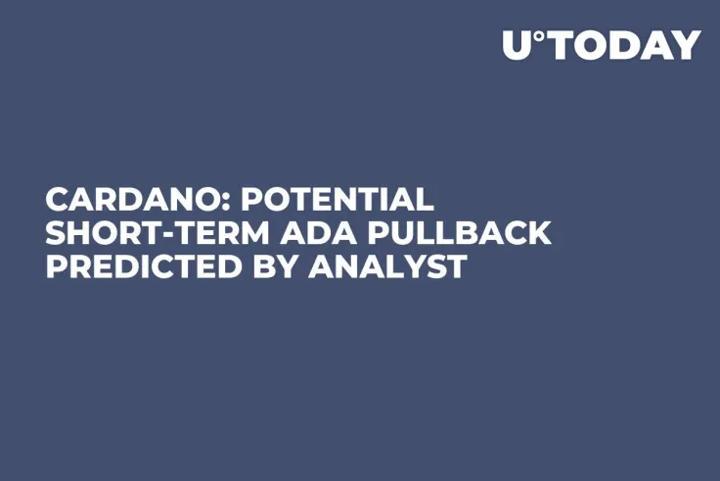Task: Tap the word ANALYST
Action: (x=387, y=265)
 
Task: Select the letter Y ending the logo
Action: (x=687, y=45)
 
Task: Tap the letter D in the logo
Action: (x=623, y=45)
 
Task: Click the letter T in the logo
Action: (x=561, y=45)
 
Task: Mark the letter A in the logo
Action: (x=655, y=45)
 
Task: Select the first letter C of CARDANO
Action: (x=58, y=200)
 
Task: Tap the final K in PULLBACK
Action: (x=539, y=233)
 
